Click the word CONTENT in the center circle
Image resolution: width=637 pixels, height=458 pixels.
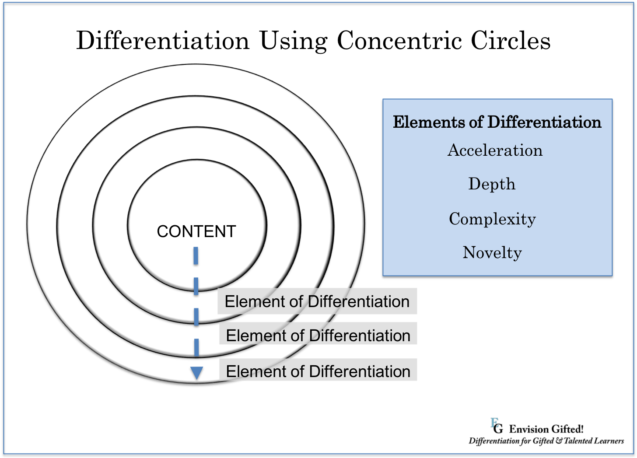196,231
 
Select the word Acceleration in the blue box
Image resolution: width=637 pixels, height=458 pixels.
495,150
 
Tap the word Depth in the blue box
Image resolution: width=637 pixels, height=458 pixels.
492,184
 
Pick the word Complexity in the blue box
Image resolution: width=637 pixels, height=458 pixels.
492,219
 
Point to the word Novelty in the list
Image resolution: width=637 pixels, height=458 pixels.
492,252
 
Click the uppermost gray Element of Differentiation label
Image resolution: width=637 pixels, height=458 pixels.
317,301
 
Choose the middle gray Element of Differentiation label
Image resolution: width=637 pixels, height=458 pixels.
318,336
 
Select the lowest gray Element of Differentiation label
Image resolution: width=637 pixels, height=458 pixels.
318,371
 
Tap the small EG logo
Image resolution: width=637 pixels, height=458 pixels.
497,426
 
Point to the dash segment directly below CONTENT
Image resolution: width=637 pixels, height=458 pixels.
196,255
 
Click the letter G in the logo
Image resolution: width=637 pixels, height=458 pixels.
498,428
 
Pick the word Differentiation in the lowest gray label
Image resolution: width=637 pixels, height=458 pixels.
360,371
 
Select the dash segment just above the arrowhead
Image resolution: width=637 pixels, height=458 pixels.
196,347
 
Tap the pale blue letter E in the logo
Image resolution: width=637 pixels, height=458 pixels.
494,422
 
